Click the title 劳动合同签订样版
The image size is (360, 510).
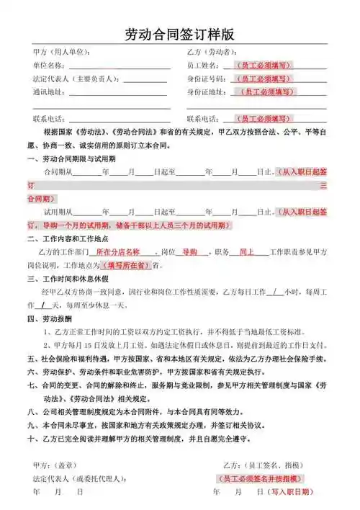coord(179,35)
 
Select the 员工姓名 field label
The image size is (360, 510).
coord(204,66)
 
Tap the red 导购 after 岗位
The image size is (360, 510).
coord(190,253)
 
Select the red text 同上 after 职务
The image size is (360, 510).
coord(247,253)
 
